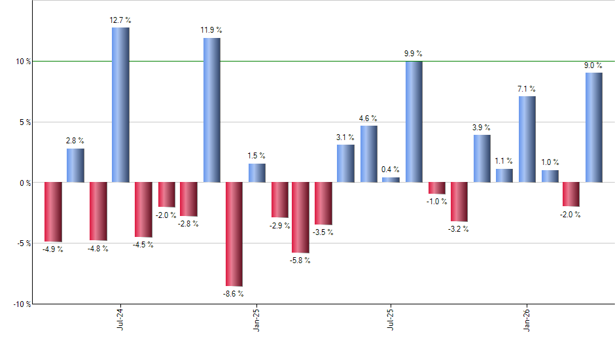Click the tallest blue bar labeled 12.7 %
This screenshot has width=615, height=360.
[120, 105]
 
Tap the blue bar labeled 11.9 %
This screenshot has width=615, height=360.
[211, 110]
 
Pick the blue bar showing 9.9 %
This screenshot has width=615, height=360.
[413, 122]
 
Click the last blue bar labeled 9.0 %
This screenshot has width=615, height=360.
[593, 127]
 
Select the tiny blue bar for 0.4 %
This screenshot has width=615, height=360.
[391, 180]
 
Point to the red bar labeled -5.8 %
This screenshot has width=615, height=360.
[300, 217]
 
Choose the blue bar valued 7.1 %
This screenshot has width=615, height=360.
[527, 139]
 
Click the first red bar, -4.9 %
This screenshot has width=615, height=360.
[53, 211]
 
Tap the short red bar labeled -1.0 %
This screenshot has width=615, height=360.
[436, 189]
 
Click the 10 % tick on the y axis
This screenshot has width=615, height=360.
[23, 62]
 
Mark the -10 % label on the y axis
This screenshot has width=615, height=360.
[22, 304]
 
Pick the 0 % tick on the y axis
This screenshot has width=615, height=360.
[25, 183]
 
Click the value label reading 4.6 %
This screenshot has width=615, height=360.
[368, 118]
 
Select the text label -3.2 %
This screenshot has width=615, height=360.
[459, 229]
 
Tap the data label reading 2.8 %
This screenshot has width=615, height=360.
[75, 140]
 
